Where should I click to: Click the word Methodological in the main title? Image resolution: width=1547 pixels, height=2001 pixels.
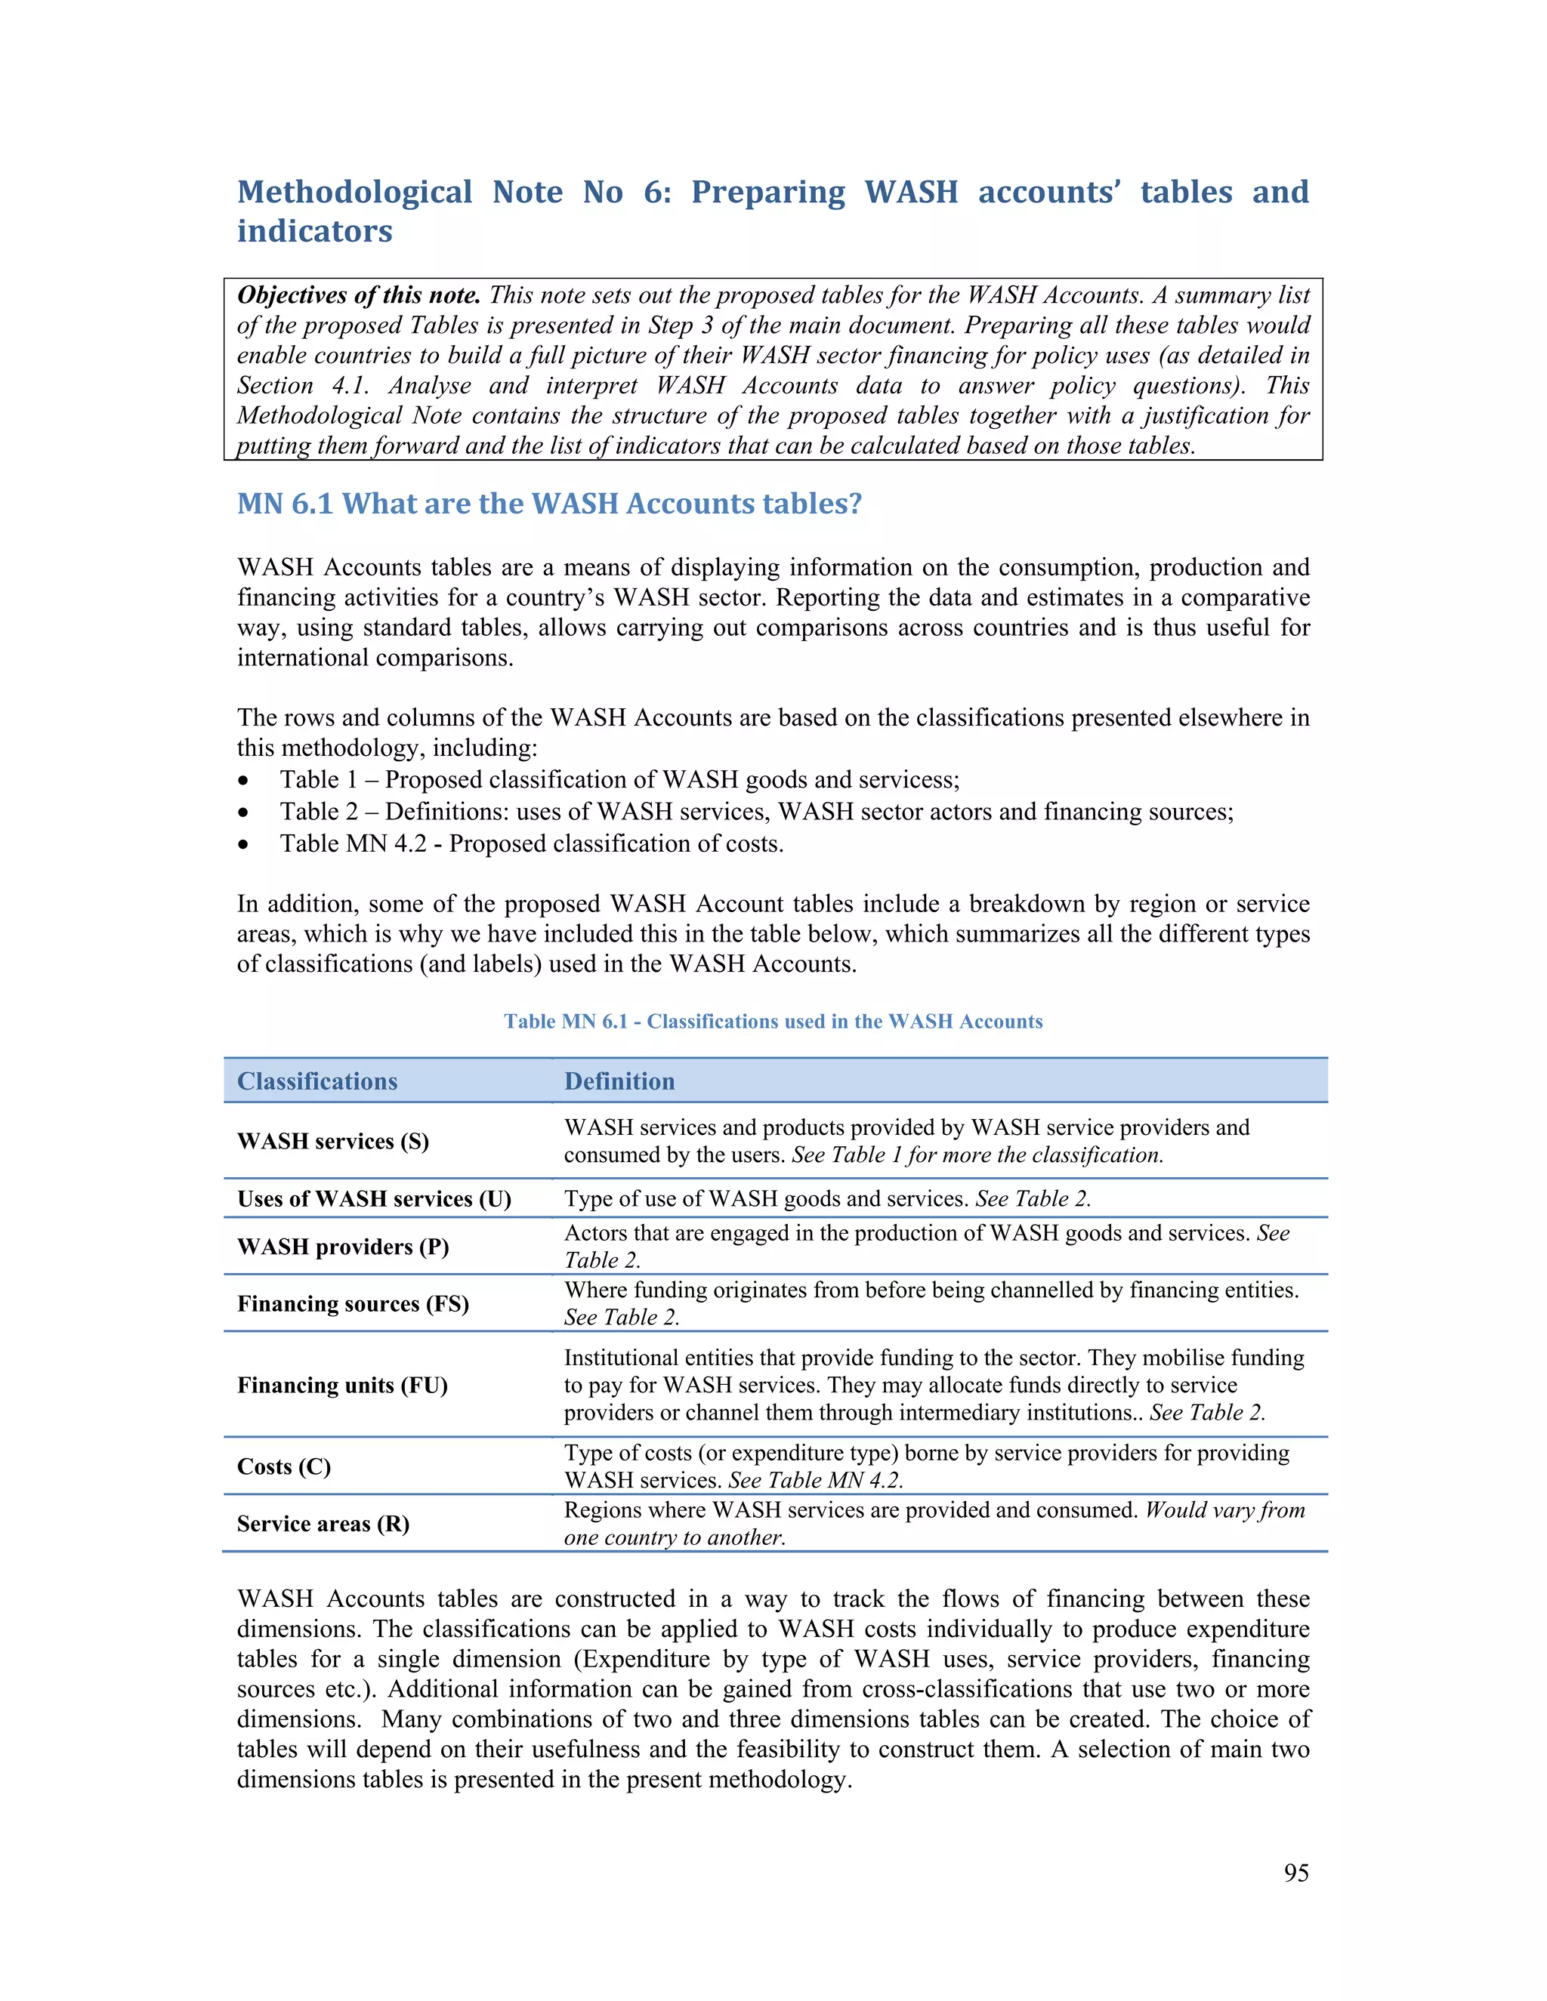(x=355, y=193)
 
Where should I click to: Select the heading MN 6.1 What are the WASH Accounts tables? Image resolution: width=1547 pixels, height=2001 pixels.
(x=549, y=504)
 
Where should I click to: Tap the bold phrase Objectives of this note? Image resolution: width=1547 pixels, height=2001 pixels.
(x=358, y=295)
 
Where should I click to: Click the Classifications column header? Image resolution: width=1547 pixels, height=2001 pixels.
(x=317, y=1081)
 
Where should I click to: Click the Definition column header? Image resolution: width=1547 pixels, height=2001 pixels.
(x=619, y=1081)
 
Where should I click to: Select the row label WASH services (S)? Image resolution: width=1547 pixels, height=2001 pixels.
(x=332, y=1142)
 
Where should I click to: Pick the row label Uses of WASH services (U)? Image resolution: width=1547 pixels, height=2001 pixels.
(x=374, y=1199)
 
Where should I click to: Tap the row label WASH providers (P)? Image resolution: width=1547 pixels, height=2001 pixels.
(x=343, y=1247)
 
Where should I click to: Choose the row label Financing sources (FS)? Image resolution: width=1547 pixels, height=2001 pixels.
(x=353, y=1304)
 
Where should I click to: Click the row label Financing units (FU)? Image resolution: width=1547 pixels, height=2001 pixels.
(x=342, y=1386)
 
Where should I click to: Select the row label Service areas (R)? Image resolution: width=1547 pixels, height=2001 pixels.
(x=323, y=1524)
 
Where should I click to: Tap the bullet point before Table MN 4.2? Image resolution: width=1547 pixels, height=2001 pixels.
(x=243, y=844)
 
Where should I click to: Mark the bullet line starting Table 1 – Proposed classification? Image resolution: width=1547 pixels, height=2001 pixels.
(x=619, y=780)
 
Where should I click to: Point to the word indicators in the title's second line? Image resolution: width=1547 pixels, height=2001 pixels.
(x=314, y=232)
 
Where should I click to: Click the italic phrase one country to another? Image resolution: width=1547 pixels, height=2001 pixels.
(x=675, y=1537)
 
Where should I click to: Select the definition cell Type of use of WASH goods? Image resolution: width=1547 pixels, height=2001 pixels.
(x=826, y=1199)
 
